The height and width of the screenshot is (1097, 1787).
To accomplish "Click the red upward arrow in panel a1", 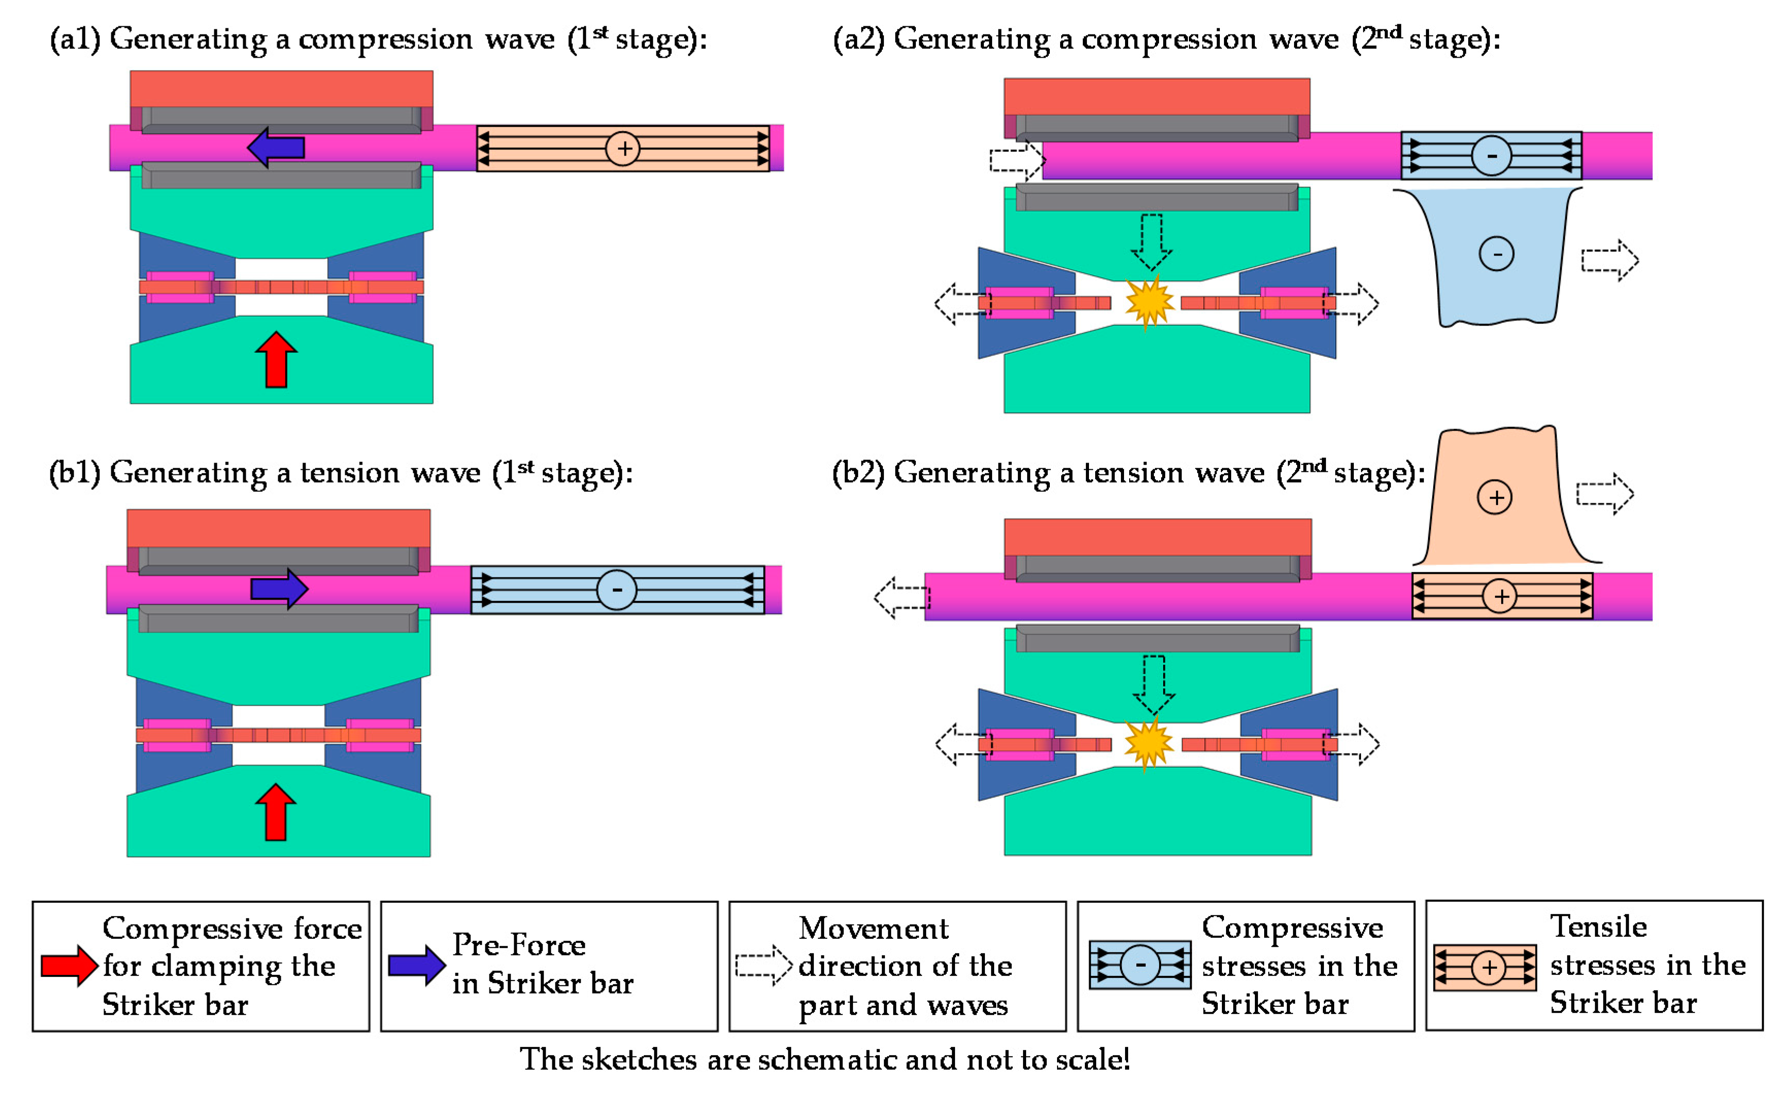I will (x=276, y=360).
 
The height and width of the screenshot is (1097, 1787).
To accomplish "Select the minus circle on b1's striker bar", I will (x=617, y=589).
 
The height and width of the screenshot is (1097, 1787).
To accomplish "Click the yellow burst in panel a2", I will (x=1149, y=302).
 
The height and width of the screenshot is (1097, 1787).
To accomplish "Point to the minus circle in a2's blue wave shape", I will (x=1496, y=254).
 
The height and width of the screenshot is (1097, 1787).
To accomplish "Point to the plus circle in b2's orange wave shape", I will (x=1494, y=497).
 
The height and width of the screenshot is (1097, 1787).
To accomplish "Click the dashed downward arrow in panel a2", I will (x=1151, y=242).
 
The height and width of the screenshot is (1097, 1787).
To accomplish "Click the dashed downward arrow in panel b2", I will (x=1153, y=684).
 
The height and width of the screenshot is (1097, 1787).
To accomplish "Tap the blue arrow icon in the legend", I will (x=416, y=965).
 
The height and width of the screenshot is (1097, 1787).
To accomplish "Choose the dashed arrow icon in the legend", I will (x=763, y=965).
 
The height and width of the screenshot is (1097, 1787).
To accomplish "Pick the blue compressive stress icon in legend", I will (x=1140, y=965).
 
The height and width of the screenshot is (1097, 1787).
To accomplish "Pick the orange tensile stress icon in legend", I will (x=1485, y=967).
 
